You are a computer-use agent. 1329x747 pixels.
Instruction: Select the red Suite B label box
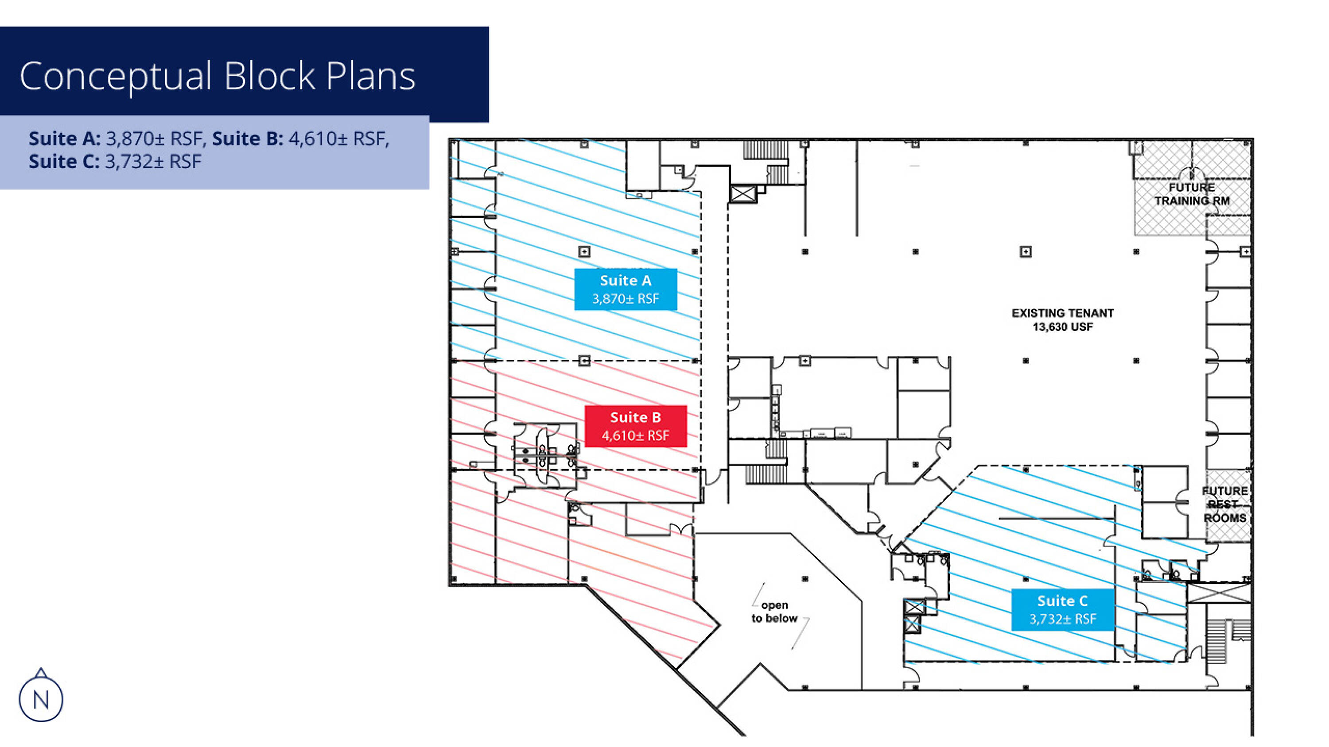[x=635, y=426]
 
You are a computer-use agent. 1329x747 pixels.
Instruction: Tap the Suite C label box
[x=1062, y=609]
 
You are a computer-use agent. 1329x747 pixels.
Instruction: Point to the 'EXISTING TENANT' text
[x=1062, y=313]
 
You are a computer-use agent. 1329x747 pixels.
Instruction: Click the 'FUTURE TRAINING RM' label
[x=1192, y=194]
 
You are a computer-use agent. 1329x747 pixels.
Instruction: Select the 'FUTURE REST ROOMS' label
[x=1224, y=504]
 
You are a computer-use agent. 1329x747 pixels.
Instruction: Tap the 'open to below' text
[x=774, y=612]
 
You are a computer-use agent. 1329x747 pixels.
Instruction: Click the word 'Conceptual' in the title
[x=115, y=76]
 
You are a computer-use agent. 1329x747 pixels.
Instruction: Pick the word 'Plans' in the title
[x=370, y=76]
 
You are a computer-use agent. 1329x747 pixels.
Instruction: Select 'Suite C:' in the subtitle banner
[x=63, y=162]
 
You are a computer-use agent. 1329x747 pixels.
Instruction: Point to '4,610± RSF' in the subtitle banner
[x=338, y=139]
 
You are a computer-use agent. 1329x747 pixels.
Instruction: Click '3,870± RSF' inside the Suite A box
[x=625, y=299]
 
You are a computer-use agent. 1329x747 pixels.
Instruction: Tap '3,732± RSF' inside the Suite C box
[x=1062, y=619]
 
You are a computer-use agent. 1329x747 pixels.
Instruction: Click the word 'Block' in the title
[x=269, y=76]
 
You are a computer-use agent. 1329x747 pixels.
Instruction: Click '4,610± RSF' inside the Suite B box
[x=635, y=435]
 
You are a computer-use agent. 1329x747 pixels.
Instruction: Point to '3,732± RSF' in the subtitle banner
[x=153, y=162]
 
